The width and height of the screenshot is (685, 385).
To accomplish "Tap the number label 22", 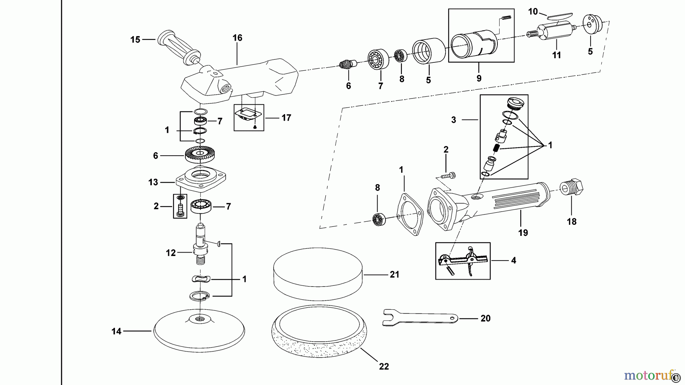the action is pos(384,366).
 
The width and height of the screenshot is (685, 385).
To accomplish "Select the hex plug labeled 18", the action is pos(572,188).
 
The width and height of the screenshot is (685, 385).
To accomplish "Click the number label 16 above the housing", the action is pos(237,38).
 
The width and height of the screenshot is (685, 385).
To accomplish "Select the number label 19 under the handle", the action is pos(523,232).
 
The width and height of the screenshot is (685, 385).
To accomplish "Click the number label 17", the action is pos(286,118).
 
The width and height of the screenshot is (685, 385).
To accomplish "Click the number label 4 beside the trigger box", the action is pos(513,261).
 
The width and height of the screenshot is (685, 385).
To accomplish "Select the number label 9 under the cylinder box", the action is pos(479,78).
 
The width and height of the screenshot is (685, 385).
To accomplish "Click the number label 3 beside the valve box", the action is pos(454,120).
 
